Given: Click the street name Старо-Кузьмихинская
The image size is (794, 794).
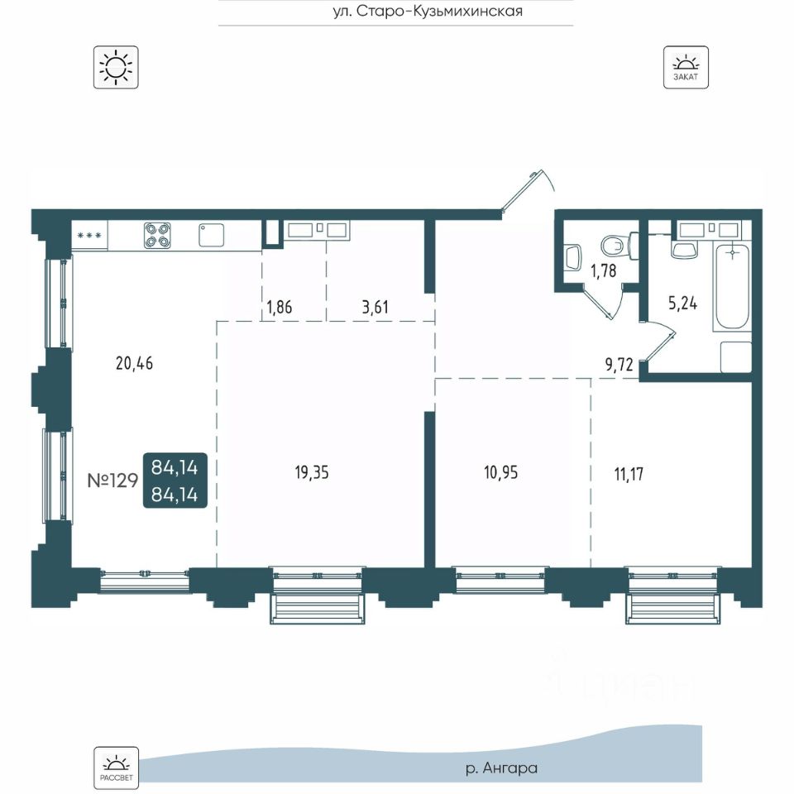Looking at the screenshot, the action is pyautogui.click(x=439, y=11).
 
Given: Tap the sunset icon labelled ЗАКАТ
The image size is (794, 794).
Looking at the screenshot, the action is pyautogui.click(x=686, y=67).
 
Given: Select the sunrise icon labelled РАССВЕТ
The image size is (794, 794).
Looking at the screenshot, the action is pyautogui.click(x=116, y=768).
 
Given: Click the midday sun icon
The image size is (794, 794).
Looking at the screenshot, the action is pyautogui.click(x=116, y=67).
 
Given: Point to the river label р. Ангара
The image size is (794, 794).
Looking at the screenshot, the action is pyautogui.click(x=501, y=768).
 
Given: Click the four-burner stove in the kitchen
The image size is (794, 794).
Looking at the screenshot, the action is pyautogui.click(x=157, y=236).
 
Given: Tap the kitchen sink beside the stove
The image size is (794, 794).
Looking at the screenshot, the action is pyautogui.click(x=211, y=235).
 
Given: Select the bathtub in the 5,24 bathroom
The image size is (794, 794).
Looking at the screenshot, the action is pyautogui.click(x=732, y=288).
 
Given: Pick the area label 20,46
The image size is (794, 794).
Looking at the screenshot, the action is pyautogui.click(x=134, y=363).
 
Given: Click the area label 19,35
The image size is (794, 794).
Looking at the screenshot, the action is pyautogui.click(x=312, y=472).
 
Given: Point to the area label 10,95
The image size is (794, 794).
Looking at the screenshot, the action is pyautogui.click(x=501, y=472).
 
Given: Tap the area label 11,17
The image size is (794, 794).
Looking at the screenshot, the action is pyautogui.click(x=629, y=474).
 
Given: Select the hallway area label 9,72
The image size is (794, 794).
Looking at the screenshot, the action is pyautogui.click(x=619, y=364).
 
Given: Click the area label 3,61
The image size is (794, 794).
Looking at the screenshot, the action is pyautogui.click(x=375, y=307).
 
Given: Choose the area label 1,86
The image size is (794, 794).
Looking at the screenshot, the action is pyautogui.click(x=279, y=307).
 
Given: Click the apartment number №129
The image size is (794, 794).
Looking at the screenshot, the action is pyautogui.click(x=112, y=480).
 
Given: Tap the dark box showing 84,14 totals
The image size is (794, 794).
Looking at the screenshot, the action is pyautogui.click(x=175, y=480).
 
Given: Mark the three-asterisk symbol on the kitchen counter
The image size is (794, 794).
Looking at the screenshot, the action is pyautogui.click(x=89, y=236).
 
